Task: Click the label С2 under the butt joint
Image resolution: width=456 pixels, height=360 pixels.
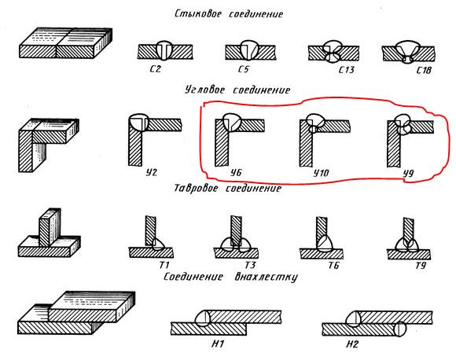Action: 156,69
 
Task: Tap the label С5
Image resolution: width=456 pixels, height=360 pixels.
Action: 244,69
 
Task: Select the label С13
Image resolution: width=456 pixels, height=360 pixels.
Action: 347,70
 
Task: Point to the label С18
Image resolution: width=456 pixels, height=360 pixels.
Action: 424,70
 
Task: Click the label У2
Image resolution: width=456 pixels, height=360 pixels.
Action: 151,172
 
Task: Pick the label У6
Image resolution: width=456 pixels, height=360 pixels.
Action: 236,173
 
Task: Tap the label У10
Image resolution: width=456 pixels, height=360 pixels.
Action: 321,173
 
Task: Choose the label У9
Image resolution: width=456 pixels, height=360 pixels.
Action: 408,174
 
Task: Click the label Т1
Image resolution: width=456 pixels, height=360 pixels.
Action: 164,265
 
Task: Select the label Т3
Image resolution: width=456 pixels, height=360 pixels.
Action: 250,265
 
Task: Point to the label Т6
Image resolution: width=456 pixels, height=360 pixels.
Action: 333,265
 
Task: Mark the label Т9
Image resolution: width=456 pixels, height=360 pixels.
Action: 421,266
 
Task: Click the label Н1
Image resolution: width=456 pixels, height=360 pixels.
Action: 218,344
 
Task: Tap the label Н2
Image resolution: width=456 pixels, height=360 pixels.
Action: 352,344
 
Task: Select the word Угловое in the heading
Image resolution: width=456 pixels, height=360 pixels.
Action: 204,90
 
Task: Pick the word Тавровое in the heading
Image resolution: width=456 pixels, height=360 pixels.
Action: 196,188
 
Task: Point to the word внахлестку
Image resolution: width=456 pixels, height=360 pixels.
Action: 266,277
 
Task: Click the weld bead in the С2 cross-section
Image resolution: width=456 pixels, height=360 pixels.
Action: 164,50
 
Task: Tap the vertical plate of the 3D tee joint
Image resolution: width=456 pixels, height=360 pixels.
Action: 50,228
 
